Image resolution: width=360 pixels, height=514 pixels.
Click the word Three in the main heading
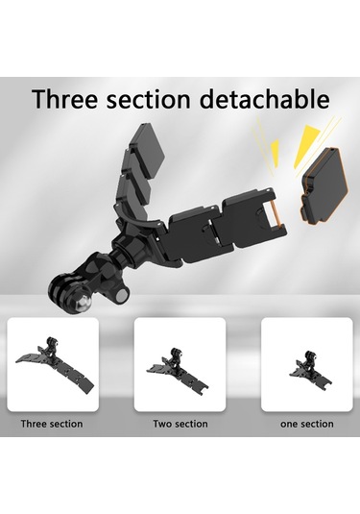65,98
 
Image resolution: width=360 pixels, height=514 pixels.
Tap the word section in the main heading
148,99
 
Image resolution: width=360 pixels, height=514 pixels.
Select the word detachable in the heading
264,98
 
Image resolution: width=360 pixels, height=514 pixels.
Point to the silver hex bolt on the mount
83,300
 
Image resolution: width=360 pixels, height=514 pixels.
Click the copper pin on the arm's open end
275,214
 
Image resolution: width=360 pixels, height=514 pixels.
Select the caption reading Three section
52,424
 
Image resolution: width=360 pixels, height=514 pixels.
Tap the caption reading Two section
180,424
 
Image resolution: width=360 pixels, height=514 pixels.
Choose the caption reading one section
307,424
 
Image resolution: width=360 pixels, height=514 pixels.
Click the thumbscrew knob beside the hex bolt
122,294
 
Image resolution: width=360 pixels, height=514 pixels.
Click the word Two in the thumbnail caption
161,424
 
